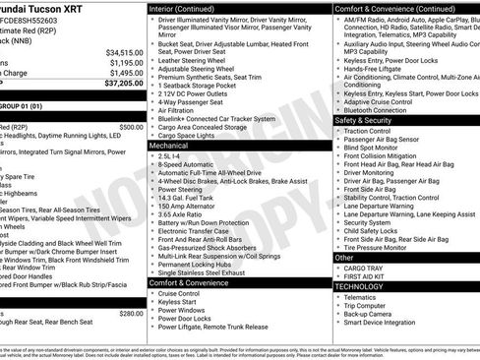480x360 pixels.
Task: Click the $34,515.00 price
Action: pyautogui.click(x=125, y=52)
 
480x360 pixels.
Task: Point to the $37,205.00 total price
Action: pyautogui.click(x=123, y=85)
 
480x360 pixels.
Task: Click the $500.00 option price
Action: pyautogui.click(x=131, y=127)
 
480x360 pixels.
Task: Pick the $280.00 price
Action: pyautogui.click(x=131, y=314)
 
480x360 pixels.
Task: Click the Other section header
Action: pyautogui.click(x=342, y=257)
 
